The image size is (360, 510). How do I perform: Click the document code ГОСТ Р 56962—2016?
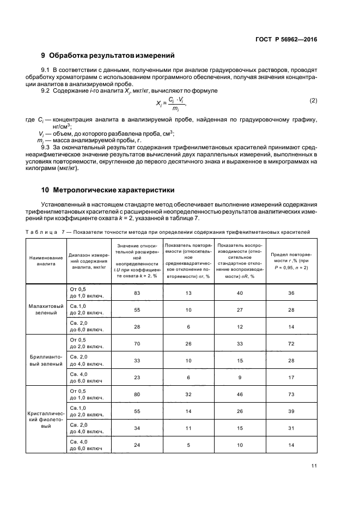288,40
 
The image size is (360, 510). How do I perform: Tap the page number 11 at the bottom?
314,465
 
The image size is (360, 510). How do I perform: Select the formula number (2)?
313,101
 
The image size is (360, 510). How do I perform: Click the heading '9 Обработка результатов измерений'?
108,55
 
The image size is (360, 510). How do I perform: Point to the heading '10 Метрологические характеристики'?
108,190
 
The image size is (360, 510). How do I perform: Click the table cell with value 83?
137,293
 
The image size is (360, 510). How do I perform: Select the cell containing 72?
291,344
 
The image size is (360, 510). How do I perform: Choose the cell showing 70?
137,344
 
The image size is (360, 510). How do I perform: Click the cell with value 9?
239,377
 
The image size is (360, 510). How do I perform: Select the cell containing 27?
239,310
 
